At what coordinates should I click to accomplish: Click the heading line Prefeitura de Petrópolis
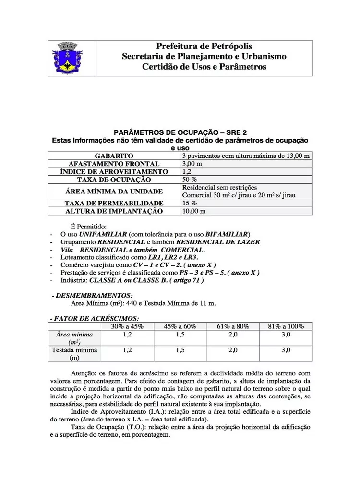pyautogui.click(x=204, y=46)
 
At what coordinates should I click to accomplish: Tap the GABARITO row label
pyautogui.click(x=114, y=156)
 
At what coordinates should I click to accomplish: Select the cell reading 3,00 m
pyautogui.click(x=192, y=164)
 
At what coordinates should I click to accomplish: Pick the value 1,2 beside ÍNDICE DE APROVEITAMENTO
pyautogui.click(x=187, y=171)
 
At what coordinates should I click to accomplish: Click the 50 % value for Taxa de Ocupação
pyautogui.click(x=189, y=179)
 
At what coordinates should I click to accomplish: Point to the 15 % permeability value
pyautogui.click(x=189, y=203)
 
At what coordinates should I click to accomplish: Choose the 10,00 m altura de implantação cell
pyautogui.click(x=194, y=211)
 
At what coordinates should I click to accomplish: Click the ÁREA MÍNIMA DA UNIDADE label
pyautogui.click(x=114, y=191)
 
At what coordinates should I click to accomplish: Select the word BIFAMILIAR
pyautogui.click(x=226, y=234)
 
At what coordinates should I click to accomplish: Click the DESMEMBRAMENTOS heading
pyautogui.click(x=94, y=295)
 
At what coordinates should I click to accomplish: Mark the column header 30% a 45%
pyautogui.click(x=127, y=326)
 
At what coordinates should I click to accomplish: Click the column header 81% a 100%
pyautogui.click(x=286, y=326)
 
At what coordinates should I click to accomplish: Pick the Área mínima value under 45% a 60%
pyautogui.click(x=180, y=334)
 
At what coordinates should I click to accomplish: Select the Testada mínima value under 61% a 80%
pyautogui.click(x=233, y=350)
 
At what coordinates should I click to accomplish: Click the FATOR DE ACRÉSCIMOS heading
pyautogui.click(x=95, y=318)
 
